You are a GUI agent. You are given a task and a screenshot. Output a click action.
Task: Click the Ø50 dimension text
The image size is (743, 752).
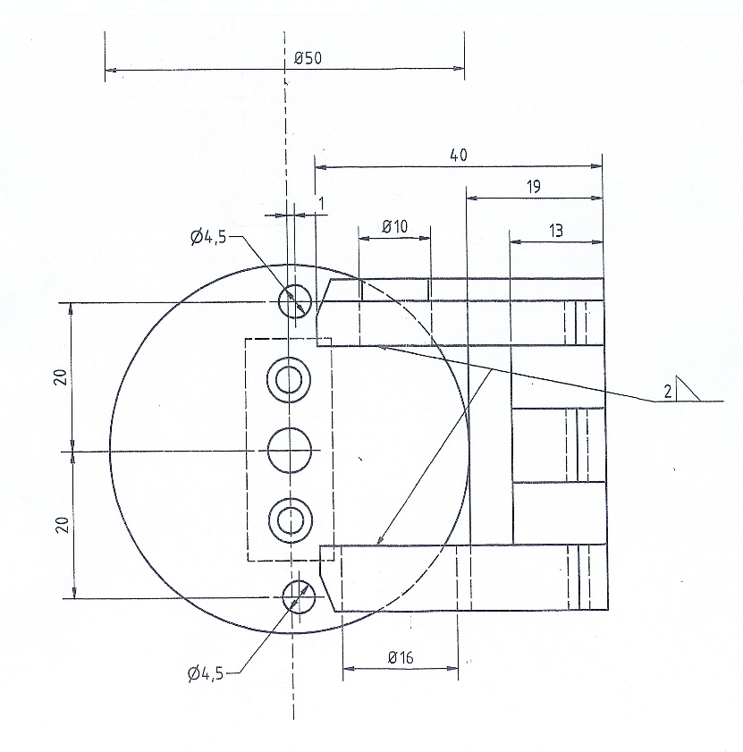click(308, 58)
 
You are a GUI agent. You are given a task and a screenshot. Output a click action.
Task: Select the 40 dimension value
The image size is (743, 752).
click(458, 155)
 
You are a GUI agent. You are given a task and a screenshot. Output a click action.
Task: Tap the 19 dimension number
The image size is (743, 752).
click(535, 186)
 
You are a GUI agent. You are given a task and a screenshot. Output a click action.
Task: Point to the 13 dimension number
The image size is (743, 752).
click(555, 231)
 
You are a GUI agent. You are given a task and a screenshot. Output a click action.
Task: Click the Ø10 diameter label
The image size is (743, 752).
click(394, 226)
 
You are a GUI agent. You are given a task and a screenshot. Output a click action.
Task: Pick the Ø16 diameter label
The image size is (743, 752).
click(401, 657)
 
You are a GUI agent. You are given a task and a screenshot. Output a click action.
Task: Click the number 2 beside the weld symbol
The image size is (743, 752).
click(667, 390)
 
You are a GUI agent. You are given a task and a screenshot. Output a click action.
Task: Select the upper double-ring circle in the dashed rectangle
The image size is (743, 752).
click(289, 380)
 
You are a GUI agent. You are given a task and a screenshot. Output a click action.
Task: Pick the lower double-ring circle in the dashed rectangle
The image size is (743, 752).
click(290, 518)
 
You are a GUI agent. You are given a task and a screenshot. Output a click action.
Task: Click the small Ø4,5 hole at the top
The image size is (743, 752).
click(295, 301)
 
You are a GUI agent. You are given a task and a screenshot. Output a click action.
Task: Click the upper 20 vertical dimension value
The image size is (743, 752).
click(61, 377)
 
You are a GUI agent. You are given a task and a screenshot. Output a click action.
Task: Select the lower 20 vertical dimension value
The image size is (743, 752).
click(61, 525)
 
